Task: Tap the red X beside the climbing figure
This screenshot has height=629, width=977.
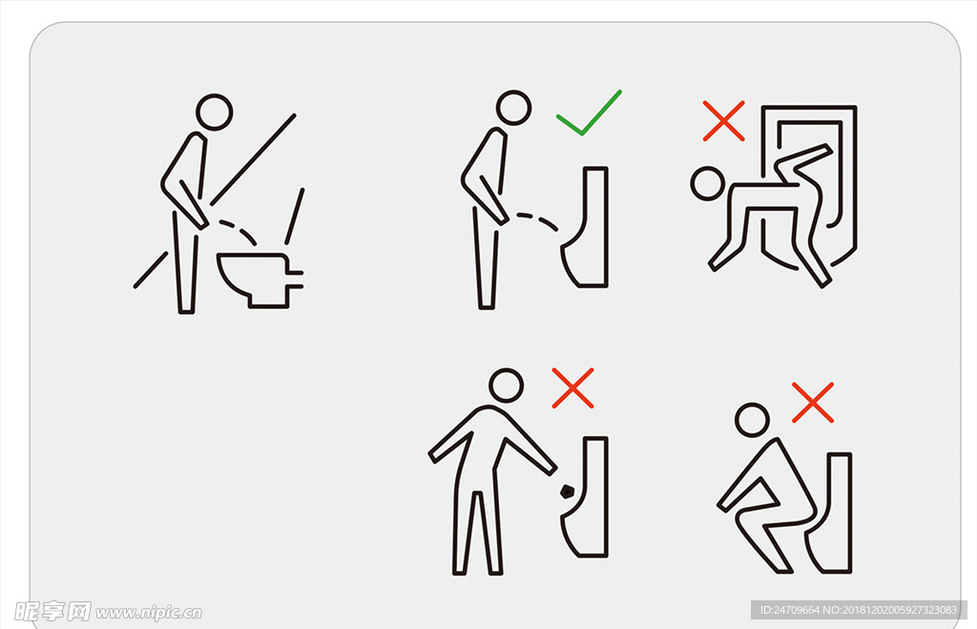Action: click(x=723, y=120)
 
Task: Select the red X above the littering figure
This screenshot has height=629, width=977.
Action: click(x=572, y=388)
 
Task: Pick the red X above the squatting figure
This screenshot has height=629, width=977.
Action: click(x=813, y=403)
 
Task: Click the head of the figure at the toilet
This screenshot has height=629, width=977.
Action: click(x=215, y=113)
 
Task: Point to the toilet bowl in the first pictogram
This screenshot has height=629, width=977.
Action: click(x=258, y=280)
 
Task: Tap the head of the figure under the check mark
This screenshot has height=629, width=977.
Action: click(x=513, y=108)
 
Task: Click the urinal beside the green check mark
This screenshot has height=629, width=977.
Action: click(x=586, y=227)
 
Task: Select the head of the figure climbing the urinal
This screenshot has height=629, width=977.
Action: click(x=708, y=183)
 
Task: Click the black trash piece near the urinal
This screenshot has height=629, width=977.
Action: click(x=567, y=492)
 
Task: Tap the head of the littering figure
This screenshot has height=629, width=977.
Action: click(x=506, y=386)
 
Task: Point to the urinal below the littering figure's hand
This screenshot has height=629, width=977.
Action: click(x=586, y=497)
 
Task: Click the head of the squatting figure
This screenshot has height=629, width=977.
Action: click(x=752, y=420)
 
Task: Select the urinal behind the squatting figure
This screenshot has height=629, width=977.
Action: click(x=829, y=514)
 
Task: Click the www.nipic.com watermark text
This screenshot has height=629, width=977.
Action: click(x=148, y=613)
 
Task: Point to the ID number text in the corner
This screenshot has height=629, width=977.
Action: click(x=859, y=610)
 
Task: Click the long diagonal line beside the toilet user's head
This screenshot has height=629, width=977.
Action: click(x=253, y=159)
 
